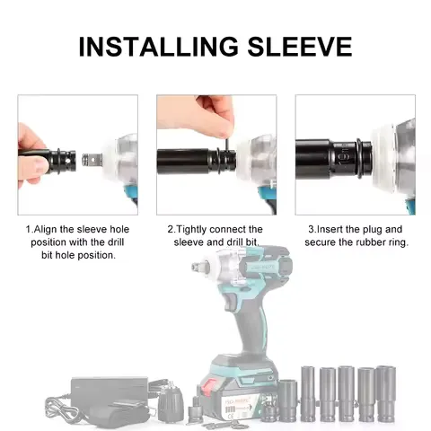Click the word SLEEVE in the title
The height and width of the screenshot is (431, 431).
[x=299, y=46]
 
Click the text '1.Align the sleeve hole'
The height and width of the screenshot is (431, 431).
[x=78, y=229]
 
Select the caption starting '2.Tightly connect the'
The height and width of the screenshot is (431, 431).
[x=215, y=229]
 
